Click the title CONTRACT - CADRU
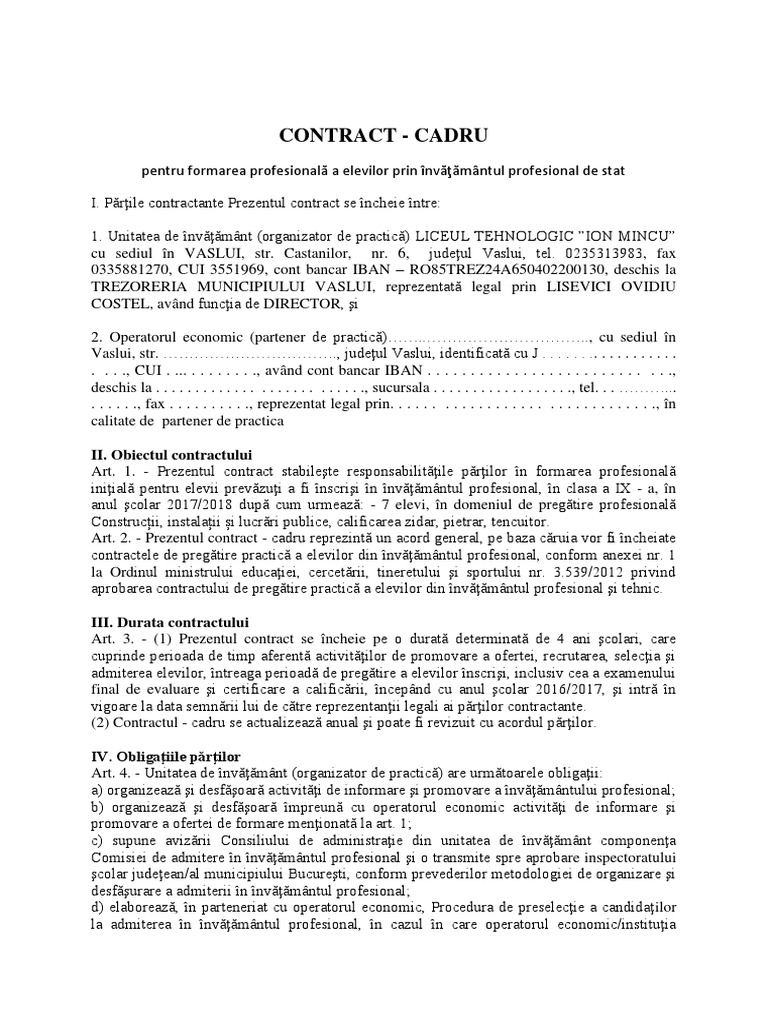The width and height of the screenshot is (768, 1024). coord(385,134)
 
